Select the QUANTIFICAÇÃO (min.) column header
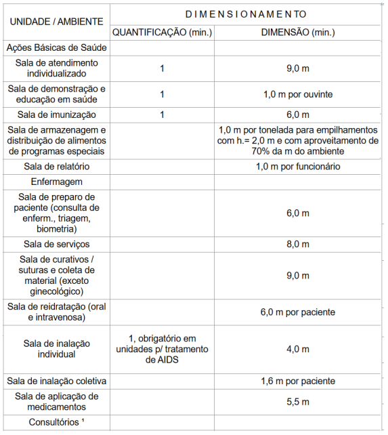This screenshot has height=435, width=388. tap(162, 32)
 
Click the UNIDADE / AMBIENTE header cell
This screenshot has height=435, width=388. tap(56, 22)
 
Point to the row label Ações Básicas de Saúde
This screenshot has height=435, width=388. tap(57, 48)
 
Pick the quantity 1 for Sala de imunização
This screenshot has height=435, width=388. tap(162, 115)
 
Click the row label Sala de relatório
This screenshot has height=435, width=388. tap(57, 167)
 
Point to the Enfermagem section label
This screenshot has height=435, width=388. tap(57, 182)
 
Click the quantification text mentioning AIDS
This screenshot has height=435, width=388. tap(162, 349)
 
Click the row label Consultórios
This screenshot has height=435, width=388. tap(57, 423)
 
